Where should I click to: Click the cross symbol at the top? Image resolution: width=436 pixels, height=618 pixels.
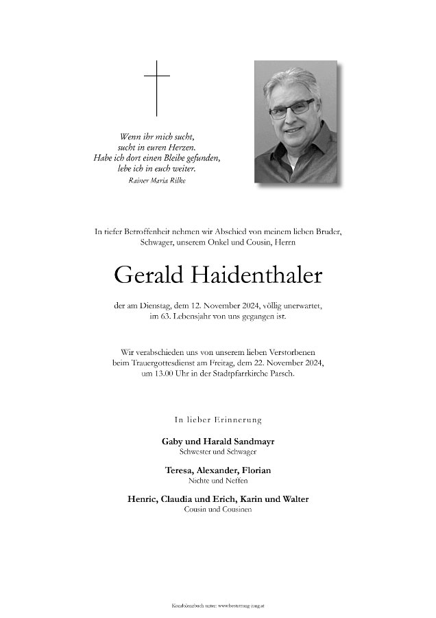[x=156, y=88]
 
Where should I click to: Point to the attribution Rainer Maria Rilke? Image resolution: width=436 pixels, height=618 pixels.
[x=157, y=181]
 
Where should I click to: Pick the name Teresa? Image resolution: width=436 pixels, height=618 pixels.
[x=180, y=470]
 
